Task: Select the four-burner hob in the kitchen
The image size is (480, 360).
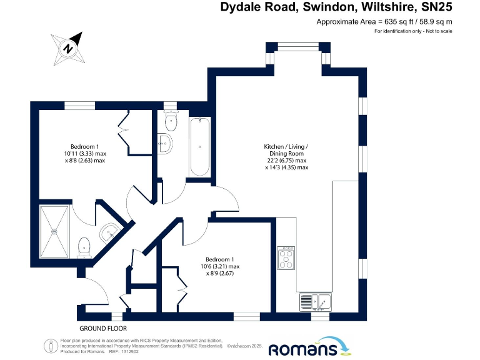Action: (x=287, y=256)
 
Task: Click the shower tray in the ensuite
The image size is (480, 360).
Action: (x=54, y=231)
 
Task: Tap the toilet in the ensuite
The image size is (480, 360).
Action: (x=84, y=247)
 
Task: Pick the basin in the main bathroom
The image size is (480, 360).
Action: (x=165, y=143)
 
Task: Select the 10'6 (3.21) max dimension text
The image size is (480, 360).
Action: (x=222, y=267)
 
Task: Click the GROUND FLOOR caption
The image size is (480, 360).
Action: (x=103, y=328)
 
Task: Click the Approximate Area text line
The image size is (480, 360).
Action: (x=384, y=22)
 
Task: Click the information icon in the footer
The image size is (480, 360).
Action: (x=50, y=346)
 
